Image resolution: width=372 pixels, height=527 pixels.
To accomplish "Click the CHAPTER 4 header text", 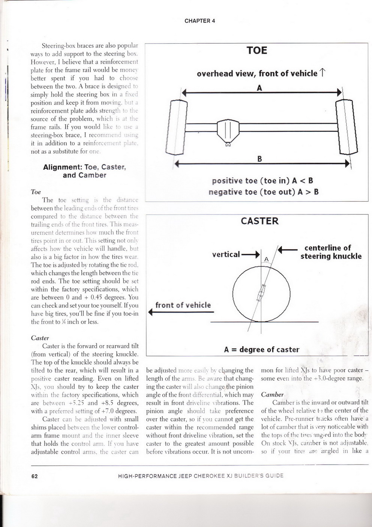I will (199, 21).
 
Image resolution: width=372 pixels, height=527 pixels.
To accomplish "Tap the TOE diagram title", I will (257, 50).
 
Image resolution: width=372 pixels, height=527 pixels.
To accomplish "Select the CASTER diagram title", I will (259, 221).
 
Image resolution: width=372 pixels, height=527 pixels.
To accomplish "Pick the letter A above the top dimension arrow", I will (259, 88).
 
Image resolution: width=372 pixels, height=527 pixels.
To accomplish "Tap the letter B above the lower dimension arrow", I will (259, 159).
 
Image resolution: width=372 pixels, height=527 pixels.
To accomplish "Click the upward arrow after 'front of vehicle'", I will (322, 73).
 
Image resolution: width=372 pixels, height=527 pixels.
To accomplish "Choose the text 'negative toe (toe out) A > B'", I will (263, 192).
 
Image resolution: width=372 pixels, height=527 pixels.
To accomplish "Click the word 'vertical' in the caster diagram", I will (226, 254).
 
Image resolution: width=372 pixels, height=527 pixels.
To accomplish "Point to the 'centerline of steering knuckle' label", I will (331, 252).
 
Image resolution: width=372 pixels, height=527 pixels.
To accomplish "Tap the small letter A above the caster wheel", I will (267, 259).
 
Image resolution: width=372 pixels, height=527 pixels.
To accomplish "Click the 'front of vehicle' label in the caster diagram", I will (183, 305).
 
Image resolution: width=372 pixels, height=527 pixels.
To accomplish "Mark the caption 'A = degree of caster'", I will (261, 350).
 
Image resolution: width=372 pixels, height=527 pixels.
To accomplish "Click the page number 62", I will (34, 476).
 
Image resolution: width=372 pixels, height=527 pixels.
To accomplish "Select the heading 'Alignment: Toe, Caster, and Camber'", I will (84, 171).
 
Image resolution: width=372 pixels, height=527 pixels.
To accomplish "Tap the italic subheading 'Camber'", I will (272, 394).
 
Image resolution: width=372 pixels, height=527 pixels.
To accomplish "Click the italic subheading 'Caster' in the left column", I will (40, 338).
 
